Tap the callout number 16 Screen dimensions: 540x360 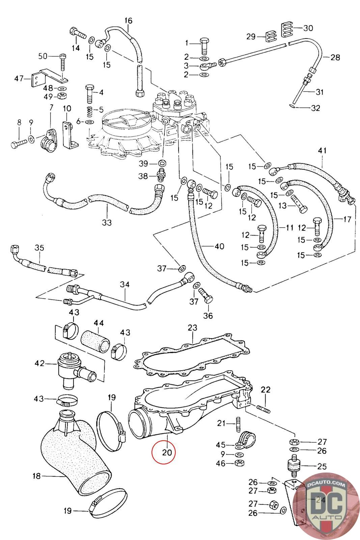pos(129,21)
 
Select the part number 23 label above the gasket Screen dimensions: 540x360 pos(192,327)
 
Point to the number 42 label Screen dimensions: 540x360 pos(40,363)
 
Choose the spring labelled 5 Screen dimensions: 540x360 pos(89,110)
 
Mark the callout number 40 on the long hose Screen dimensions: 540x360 pos(219,247)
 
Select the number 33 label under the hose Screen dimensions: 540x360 pos(107,223)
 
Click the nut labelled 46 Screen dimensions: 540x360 pos(240,463)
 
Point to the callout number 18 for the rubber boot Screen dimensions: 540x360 pos(36,476)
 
